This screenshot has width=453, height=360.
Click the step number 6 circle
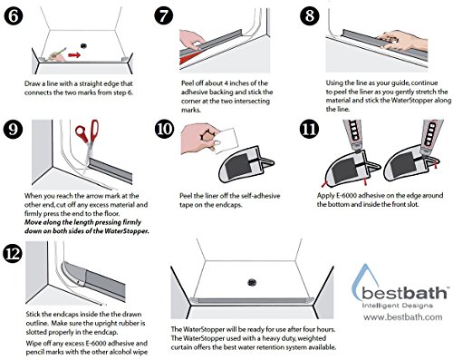(14, 16)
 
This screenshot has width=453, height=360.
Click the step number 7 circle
(163, 16)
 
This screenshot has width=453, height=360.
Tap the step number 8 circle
(310, 16)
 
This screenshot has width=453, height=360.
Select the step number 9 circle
(13, 130)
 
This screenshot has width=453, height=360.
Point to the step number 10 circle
(164, 130)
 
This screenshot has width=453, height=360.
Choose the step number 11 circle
(309, 129)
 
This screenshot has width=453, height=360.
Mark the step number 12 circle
(13, 253)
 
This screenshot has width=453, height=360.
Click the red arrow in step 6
(74, 55)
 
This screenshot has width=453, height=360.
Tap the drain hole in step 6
(83, 45)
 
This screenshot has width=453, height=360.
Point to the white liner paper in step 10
(225, 140)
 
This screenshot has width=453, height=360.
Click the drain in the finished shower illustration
(252, 283)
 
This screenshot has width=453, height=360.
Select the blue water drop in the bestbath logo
(362, 279)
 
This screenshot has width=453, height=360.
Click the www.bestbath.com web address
(403, 317)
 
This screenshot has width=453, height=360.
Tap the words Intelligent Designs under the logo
(398, 306)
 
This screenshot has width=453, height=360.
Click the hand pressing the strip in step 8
(401, 41)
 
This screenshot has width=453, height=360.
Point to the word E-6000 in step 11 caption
(346, 196)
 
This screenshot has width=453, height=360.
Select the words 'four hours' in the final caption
(318, 329)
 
